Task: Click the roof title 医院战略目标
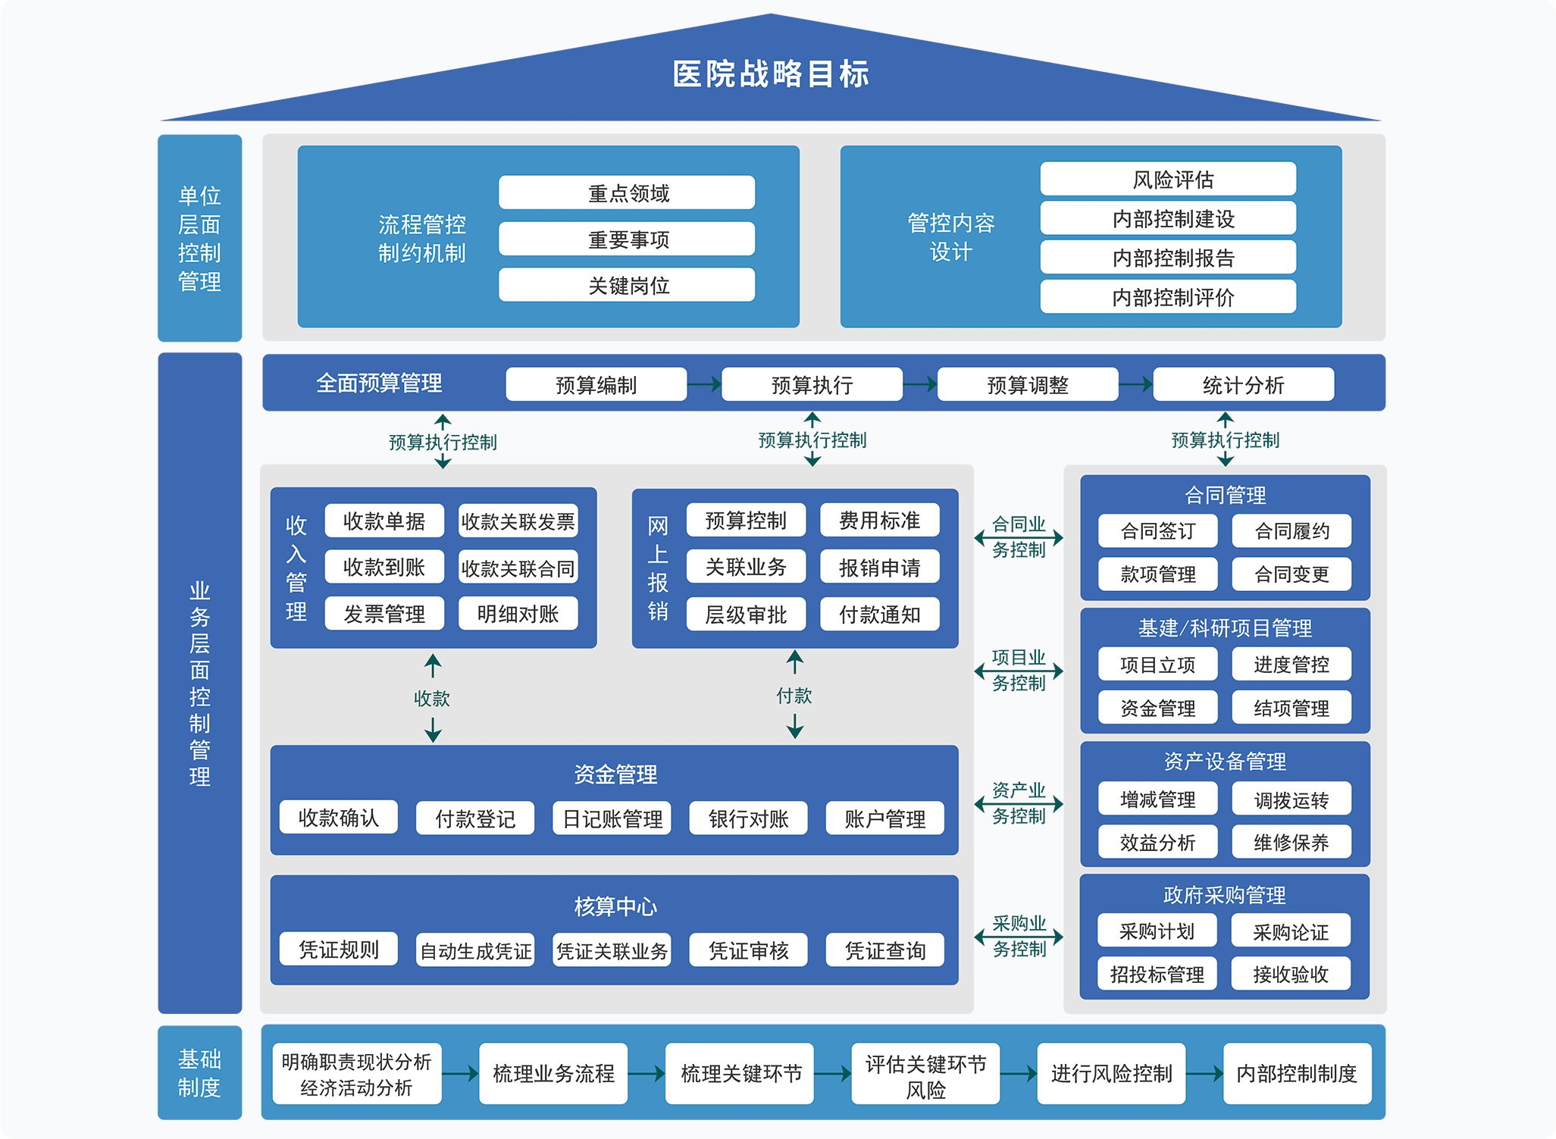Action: click(x=770, y=74)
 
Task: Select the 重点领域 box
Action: click(x=627, y=193)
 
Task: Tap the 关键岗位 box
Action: click(x=627, y=285)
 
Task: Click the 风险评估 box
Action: click(x=1168, y=180)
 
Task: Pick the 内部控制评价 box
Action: click(x=1168, y=297)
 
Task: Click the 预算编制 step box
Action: click(x=596, y=385)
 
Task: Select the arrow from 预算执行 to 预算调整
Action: click(x=920, y=385)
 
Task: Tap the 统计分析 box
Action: click(x=1243, y=385)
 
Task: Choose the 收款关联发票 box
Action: click(x=518, y=521)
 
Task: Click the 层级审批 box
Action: click(x=746, y=615)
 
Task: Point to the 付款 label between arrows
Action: click(x=794, y=695)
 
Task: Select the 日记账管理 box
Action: click(x=612, y=818)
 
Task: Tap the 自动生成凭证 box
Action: click(x=475, y=950)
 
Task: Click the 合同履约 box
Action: click(x=1291, y=531)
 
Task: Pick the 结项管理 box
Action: click(x=1291, y=708)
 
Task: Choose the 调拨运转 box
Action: click(x=1291, y=799)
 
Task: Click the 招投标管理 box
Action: click(x=1157, y=974)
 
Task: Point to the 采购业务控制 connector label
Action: click(x=1019, y=936)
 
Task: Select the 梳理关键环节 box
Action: click(x=740, y=1073)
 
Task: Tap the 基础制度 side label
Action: click(x=199, y=1072)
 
